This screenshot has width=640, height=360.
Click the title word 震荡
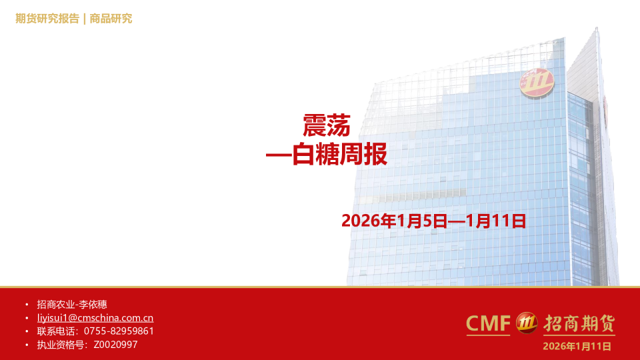[x=326, y=125]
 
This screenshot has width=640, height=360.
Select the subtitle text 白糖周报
[x=340, y=156]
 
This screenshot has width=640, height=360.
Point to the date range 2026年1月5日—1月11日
[x=433, y=221]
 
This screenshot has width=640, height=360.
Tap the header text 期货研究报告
[x=47, y=19]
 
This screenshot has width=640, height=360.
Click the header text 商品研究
[x=111, y=19]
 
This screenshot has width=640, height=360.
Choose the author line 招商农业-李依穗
[x=67, y=304]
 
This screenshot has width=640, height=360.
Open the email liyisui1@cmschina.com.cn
[x=95, y=318]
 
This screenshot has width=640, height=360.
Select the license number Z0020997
[x=115, y=345]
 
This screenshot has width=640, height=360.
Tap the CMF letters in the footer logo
[x=488, y=323]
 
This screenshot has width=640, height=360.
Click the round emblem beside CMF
[x=527, y=323]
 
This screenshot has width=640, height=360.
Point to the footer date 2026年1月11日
[x=577, y=346]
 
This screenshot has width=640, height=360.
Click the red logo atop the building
[x=537, y=83]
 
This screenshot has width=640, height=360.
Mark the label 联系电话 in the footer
[x=55, y=331]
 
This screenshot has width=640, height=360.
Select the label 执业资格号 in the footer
[x=60, y=345]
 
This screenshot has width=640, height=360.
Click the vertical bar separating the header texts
[x=85, y=19]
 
